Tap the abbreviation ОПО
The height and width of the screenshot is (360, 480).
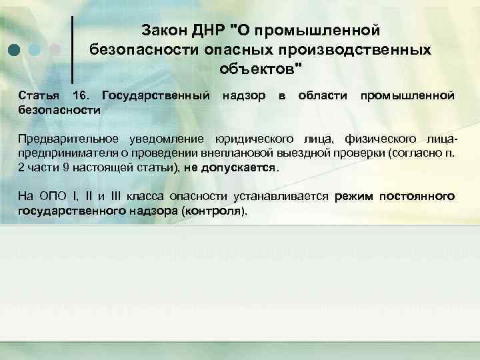pos(47,197)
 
